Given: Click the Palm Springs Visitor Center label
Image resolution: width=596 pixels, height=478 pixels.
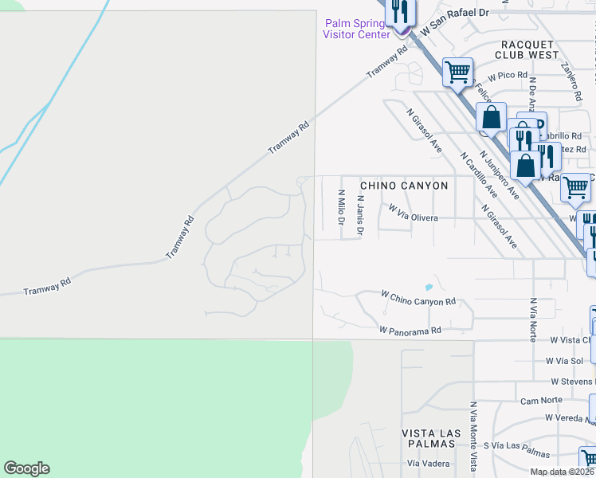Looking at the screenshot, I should (356, 28).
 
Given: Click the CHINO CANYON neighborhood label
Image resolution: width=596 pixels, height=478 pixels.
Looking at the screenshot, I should (404, 186).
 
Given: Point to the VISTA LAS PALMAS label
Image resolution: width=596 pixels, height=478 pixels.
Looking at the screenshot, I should (431, 437).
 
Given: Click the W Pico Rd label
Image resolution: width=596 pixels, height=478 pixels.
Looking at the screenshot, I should (508, 76).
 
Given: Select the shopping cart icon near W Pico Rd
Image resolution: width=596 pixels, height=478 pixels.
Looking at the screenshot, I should (457, 72).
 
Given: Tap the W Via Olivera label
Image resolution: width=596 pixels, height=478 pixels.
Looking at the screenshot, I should (413, 213).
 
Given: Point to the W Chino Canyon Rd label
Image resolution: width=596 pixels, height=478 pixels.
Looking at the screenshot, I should (418, 298).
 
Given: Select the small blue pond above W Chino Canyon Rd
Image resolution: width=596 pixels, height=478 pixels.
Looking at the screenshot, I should (429, 287).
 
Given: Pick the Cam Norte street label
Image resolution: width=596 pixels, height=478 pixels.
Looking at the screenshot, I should (541, 400).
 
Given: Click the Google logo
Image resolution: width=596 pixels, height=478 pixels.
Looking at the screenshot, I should (26, 468).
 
